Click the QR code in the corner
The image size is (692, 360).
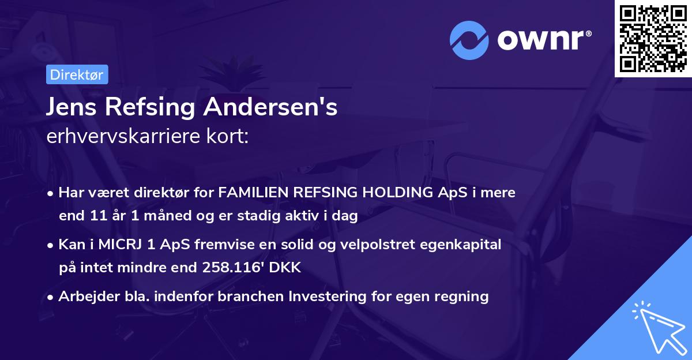click(653, 39)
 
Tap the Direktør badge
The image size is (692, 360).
click(77, 74)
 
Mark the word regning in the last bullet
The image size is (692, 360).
click(460, 297)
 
